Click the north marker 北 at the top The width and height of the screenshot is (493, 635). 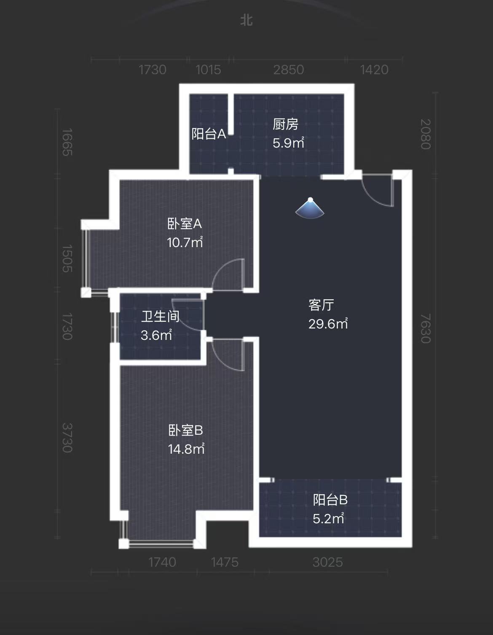(246, 20)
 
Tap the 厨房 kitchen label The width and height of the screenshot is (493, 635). (285, 124)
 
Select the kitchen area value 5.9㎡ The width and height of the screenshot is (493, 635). (288, 143)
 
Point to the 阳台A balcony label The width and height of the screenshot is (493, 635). (209, 134)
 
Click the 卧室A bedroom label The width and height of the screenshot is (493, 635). (185, 223)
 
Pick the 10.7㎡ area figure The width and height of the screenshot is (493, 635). (185, 242)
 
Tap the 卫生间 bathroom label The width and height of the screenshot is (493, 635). (160, 316)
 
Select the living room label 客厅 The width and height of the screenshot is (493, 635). (321, 304)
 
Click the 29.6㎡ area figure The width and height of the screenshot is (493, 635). (328, 323)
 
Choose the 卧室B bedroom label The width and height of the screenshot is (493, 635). (186, 430)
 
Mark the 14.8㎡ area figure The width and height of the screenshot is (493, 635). (186, 449)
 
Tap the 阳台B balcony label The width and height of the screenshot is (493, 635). (330, 500)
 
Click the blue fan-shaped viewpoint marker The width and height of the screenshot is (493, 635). (310, 209)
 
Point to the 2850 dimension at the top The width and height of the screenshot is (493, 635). (288, 70)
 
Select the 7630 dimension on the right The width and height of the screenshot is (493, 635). (426, 328)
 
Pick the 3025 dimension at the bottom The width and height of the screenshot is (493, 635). (327, 562)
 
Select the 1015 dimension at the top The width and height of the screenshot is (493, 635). (208, 70)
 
